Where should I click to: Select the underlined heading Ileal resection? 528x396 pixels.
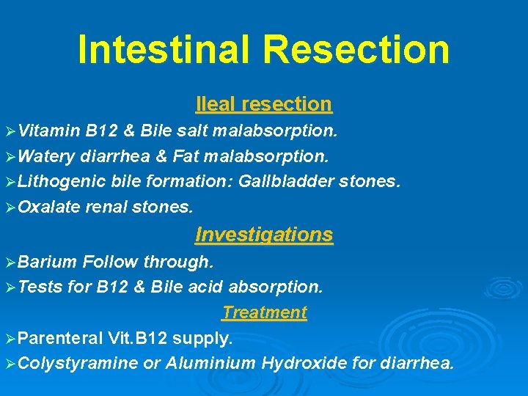point(264,104)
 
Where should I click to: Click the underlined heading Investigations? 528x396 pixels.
point(264,235)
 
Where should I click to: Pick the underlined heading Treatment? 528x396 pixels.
point(264,312)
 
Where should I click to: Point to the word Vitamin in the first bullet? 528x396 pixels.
point(49,131)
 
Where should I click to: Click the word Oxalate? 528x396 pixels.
point(48,208)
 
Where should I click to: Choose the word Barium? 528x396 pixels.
point(48,262)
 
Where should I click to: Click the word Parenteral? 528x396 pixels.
point(59,338)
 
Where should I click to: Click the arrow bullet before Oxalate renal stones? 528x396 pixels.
point(10,208)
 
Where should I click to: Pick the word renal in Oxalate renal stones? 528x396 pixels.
point(106,208)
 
